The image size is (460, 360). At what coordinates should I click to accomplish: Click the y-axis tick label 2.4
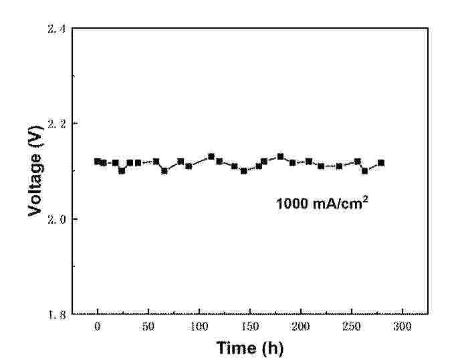point(57,29)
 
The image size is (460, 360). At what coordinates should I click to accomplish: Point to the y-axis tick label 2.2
point(57,124)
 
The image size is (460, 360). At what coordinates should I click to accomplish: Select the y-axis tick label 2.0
point(57,219)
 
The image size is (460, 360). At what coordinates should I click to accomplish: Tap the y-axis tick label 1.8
point(57,314)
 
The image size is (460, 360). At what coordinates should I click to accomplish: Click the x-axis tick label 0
point(98,327)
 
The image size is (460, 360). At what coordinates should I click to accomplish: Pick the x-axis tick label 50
point(148,327)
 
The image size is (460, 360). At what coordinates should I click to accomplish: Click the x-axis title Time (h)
point(249,347)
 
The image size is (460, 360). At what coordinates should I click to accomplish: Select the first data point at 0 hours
point(98,161)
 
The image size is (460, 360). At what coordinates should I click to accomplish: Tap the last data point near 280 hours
point(381,162)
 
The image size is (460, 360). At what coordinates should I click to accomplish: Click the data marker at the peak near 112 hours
point(211,156)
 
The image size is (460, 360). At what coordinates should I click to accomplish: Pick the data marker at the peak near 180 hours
point(280,156)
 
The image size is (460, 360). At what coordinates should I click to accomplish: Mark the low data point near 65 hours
point(164,170)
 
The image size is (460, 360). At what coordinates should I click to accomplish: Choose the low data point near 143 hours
point(243,170)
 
